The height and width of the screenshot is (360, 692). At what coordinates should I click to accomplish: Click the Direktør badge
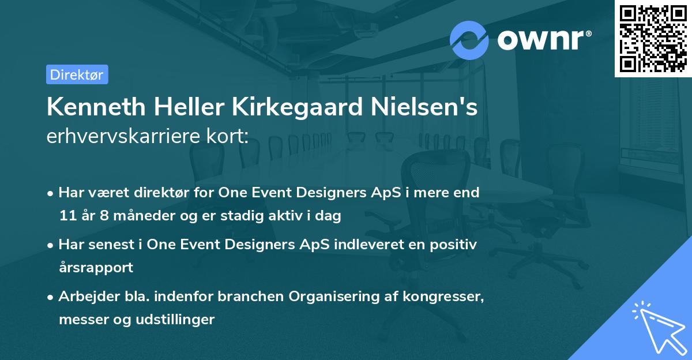tap(77, 74)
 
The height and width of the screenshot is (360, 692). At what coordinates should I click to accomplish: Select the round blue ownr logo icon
tap(469, 40)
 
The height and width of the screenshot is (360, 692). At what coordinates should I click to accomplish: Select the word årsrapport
tap(96, 268)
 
